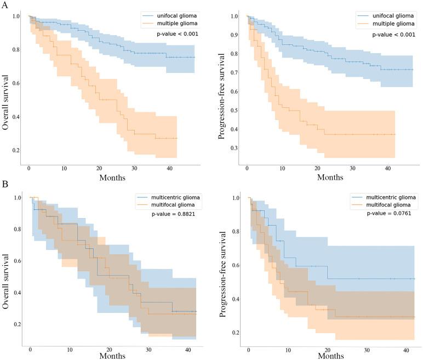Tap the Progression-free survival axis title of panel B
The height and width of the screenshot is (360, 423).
pyautogui.click(x=223, y=271)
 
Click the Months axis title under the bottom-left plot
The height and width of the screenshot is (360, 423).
pyautogui.click(x=112, y=356)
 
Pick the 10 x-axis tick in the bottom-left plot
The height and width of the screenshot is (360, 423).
pyautogui.click(x=70, y=350)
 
